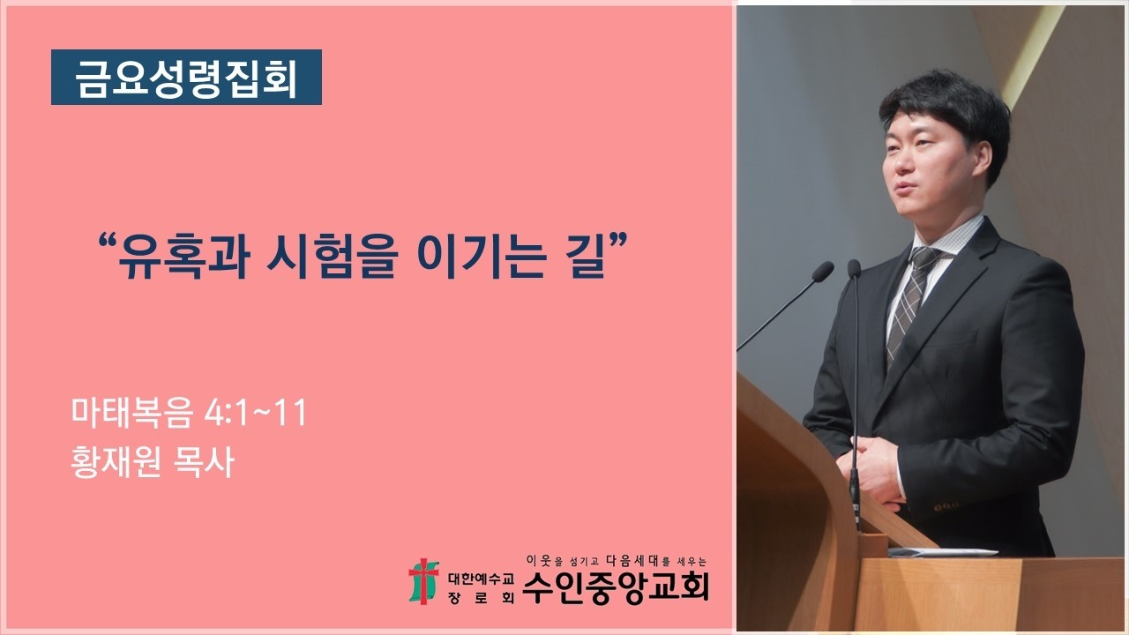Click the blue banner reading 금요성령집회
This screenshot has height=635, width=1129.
tap(186, 78)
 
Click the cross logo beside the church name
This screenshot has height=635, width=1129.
tap(423, 580)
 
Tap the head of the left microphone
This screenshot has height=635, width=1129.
tap(822, 271)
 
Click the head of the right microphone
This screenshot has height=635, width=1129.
tap(854, 268)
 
